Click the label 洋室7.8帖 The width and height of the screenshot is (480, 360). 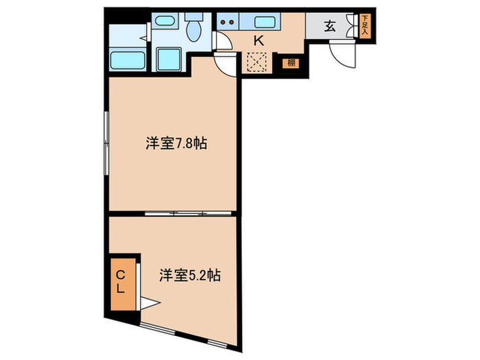[x=176, y=144]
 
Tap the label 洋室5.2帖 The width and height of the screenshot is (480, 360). [x=189, y=276]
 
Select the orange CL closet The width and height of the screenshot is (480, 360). [x=121, y=282]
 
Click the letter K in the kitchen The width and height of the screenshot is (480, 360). [x=259, y=40]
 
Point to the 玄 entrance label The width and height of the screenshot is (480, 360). [x=330, y=27]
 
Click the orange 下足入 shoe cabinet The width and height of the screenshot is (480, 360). [x=365, y=25]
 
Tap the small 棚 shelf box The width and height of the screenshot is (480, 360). [x=291, y=64]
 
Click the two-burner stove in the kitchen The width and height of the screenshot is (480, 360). [x=228, y=21]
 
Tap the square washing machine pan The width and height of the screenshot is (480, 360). [x=168, y=59]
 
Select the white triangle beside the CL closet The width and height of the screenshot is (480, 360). [x=151, y=302]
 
